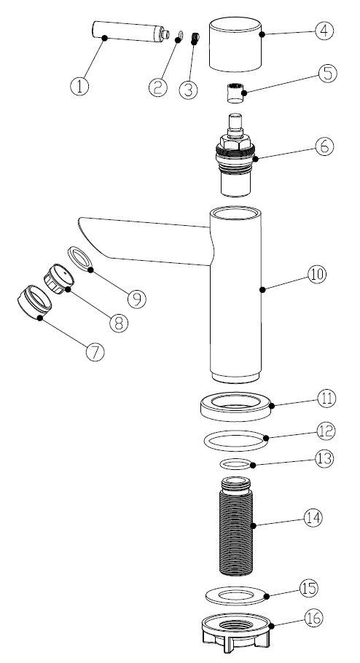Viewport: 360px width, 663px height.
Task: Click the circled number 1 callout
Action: [x=79, y=86]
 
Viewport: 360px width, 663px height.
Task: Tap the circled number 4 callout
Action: [x=324, y=31]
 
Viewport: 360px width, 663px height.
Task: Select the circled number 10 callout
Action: [x=317, y=275]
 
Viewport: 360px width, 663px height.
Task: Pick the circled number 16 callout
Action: [x=313, y=618]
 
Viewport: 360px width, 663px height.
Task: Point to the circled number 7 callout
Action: [x=95, y=352]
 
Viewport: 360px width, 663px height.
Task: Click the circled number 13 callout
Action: [x=324, y=459]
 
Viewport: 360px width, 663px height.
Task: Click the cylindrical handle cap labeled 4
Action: [x=235, y=44]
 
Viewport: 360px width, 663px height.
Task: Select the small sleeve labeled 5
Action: [x=235, y=93]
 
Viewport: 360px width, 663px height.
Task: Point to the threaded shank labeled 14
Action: [x=236, y=526]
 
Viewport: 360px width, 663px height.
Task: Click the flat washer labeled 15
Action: [x=236, y=596]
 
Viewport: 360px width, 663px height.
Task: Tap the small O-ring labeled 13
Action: [x=236, y=464]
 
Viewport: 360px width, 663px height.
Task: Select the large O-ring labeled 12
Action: [x=236, y=441]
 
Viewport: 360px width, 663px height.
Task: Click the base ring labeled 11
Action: [x=236, y=407]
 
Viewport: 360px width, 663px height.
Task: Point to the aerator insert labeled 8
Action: [x=58, y=278]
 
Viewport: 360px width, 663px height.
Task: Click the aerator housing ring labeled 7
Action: [x=34, y=302]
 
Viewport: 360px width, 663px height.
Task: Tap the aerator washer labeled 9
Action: [x=80, y=259]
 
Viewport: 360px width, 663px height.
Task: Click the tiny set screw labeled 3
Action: [x=195, y=38]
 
